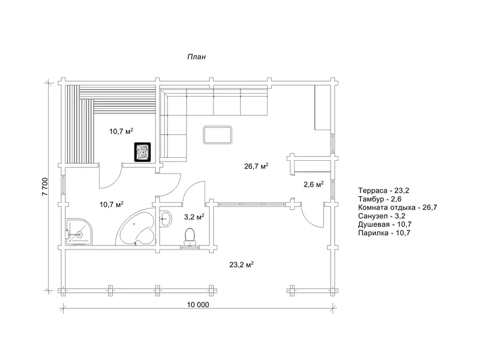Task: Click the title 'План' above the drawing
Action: (x=197, y=57)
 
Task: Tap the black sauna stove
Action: (x=142, y=152)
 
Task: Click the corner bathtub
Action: (x=136, y=227)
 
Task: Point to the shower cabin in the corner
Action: (x=79, y=232)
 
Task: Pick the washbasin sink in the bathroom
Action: (x=166, y=218)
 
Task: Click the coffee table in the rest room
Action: (x=218, y=134)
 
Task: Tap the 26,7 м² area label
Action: (x=256, y=166)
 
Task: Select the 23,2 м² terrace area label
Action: (x=242, y=265)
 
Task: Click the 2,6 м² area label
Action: (x=314, y=184)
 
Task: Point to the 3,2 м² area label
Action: (x=194, y=217)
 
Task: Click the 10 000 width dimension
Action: (x=198, y=305)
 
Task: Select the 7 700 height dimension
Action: (x=44, y=187)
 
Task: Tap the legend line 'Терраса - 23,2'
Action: (x=383, y=190)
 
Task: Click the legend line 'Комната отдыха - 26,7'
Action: (x=398, y=207)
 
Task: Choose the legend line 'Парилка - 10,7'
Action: (x=384, y=233)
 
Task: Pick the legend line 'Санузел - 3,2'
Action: (x=382, y=216)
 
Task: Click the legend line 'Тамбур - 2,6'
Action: (x=380, y=199)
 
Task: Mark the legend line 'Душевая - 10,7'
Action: (x=385, y=224)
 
